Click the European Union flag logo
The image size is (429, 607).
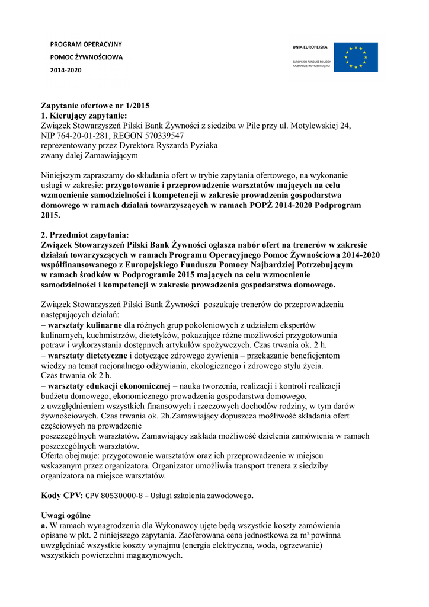355,57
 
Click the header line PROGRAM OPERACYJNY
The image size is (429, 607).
86,44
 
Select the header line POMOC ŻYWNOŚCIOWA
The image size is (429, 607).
87,57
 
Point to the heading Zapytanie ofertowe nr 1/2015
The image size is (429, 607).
95,106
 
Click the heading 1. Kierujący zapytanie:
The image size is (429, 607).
84,116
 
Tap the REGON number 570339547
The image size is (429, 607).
160,136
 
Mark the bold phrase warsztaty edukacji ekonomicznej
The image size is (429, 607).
109,386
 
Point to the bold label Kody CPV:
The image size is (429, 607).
62,495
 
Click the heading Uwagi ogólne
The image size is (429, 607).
66,516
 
